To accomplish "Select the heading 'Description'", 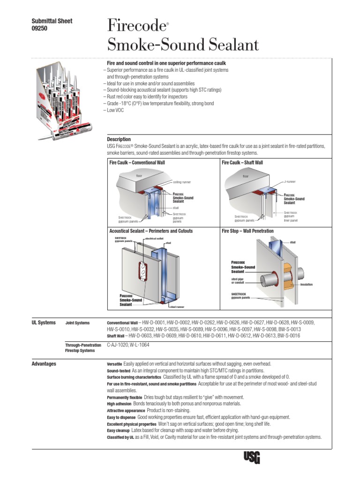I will tap(119, 139).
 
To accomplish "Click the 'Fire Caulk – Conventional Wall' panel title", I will tap(137, 163).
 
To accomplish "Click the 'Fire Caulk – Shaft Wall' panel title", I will tap(242, 163).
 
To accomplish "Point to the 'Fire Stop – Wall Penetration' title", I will tap(247, 231).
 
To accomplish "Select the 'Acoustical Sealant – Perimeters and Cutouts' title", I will tap(151, 231).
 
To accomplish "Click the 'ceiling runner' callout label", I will tap(182, 182).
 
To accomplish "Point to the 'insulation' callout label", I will tap(307, 285).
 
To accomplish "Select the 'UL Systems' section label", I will tap(43, 322).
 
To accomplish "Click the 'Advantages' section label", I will tap(44, 364).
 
